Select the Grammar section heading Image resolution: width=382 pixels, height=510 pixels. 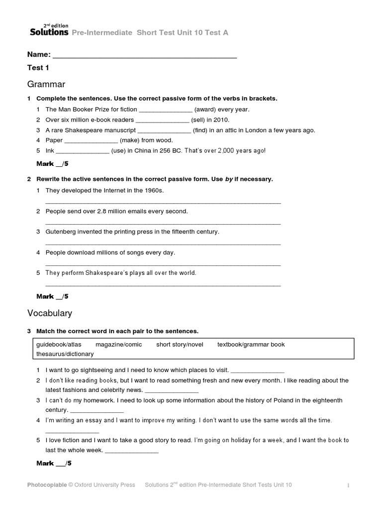pos(46,84)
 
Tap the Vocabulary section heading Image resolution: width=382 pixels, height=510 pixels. pos(49,313)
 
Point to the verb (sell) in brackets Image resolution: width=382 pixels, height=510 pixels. pos(201,120)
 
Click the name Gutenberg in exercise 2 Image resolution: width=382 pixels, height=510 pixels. pos(62,232)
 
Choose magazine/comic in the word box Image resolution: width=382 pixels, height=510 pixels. pos(119,345)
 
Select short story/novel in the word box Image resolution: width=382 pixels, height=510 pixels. pos(180,345)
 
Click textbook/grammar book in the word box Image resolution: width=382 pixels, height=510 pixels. pos(251,345)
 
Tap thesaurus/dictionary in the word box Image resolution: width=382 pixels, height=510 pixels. pos(65,354)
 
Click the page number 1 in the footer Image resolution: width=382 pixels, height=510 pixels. pos(349,486)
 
